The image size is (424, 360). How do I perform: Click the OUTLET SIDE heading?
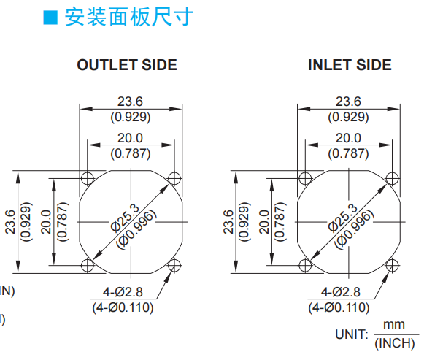(x=127, y=65)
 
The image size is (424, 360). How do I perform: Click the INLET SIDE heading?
(x=350, y=65)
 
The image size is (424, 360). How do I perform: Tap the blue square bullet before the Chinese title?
(x=50, y=18)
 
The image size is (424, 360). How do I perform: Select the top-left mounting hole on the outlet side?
(x=88, y=178)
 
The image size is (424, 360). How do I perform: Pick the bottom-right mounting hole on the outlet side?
(x=174, y=265)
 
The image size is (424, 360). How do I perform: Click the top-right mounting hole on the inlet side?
(x=392, y=178)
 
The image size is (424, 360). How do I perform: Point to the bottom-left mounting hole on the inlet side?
(x=305, y=265)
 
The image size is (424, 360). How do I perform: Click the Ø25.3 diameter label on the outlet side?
(x=126, y=218)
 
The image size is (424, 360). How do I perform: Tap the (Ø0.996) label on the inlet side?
(x=354, y=230)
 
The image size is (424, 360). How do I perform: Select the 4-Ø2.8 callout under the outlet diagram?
(x=123, y=292)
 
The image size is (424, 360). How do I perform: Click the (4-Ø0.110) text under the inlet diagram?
(x=339, y=307)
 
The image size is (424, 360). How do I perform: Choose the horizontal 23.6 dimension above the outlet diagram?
(x=130, y=102)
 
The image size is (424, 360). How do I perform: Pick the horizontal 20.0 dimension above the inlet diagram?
(x=348, y=138)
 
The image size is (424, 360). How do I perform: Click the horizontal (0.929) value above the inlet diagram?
(x=348, y=117)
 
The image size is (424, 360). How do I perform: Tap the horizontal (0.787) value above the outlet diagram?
(x=131, y=153)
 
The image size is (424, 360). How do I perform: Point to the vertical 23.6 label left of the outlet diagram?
(x=11, y=222)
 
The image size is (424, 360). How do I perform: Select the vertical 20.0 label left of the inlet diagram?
(x=264, y=222)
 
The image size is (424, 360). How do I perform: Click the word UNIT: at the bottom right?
(x=352, y=334)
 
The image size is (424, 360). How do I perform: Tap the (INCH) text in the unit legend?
(x=395, y=343)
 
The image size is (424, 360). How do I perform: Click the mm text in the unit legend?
(x=394, y=324)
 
